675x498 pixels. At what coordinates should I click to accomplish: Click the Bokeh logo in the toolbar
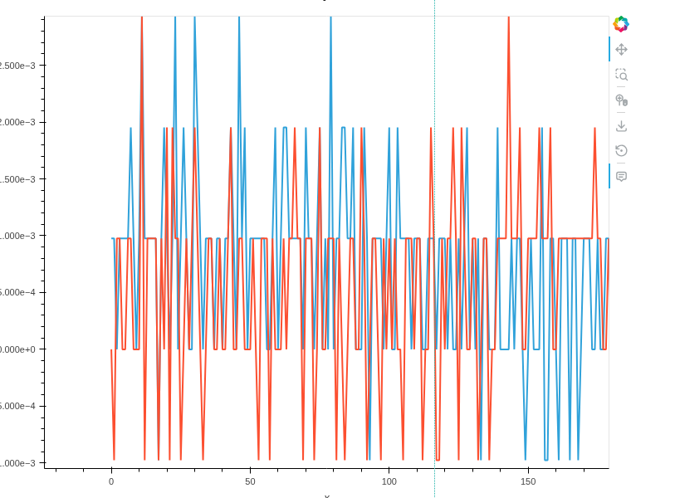(621, 24)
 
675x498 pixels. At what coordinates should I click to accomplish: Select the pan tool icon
(621, 50)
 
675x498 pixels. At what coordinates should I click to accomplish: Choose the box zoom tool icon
(621, 75)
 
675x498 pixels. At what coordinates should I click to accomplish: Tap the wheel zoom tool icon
(621, 100)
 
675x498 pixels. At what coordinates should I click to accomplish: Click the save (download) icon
(621, 126)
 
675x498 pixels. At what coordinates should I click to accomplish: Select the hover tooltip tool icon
(621, 176)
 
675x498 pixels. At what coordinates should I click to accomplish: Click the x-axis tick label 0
(111, 481)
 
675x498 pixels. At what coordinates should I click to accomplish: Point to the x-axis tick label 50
(250, 481)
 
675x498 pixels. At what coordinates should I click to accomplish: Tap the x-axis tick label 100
(389, 481)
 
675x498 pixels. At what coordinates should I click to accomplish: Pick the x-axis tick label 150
(528, 481)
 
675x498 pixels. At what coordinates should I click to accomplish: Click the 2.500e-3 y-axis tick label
(22, 66)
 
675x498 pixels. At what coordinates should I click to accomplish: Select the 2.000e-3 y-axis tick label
(22, 122)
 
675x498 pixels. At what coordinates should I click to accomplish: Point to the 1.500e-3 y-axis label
(22, 179)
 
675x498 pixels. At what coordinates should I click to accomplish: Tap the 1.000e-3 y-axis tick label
(22, 236)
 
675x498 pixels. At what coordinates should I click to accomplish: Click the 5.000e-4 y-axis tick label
(22, 292)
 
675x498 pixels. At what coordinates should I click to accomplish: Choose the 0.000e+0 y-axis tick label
(22, 349)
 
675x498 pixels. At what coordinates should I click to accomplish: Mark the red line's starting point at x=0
(111, 349)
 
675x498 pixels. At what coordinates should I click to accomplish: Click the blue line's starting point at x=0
(111, 239)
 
